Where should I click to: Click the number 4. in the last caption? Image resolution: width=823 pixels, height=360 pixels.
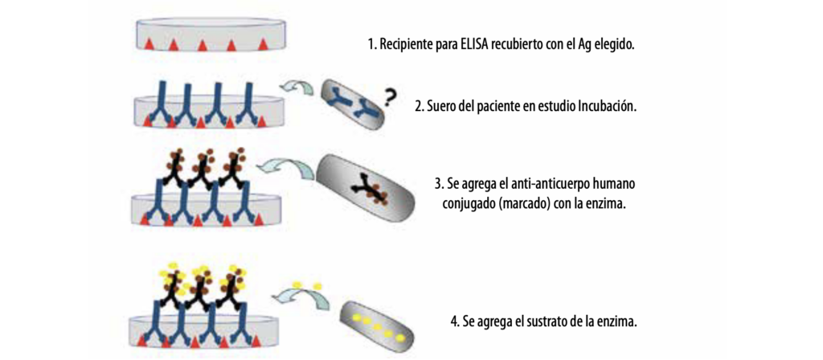(456, 322)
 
